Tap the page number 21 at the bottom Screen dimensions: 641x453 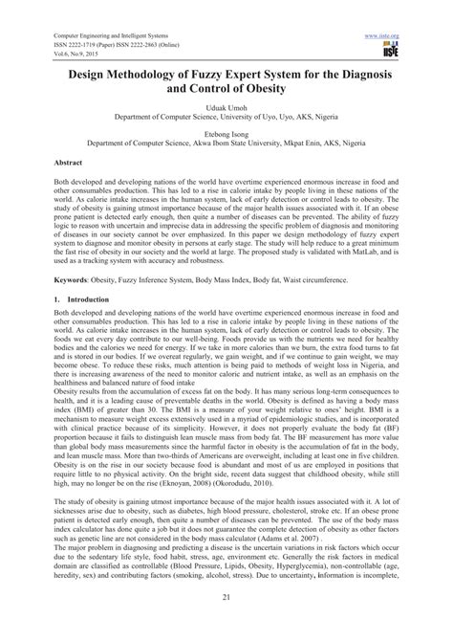[226, 622]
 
